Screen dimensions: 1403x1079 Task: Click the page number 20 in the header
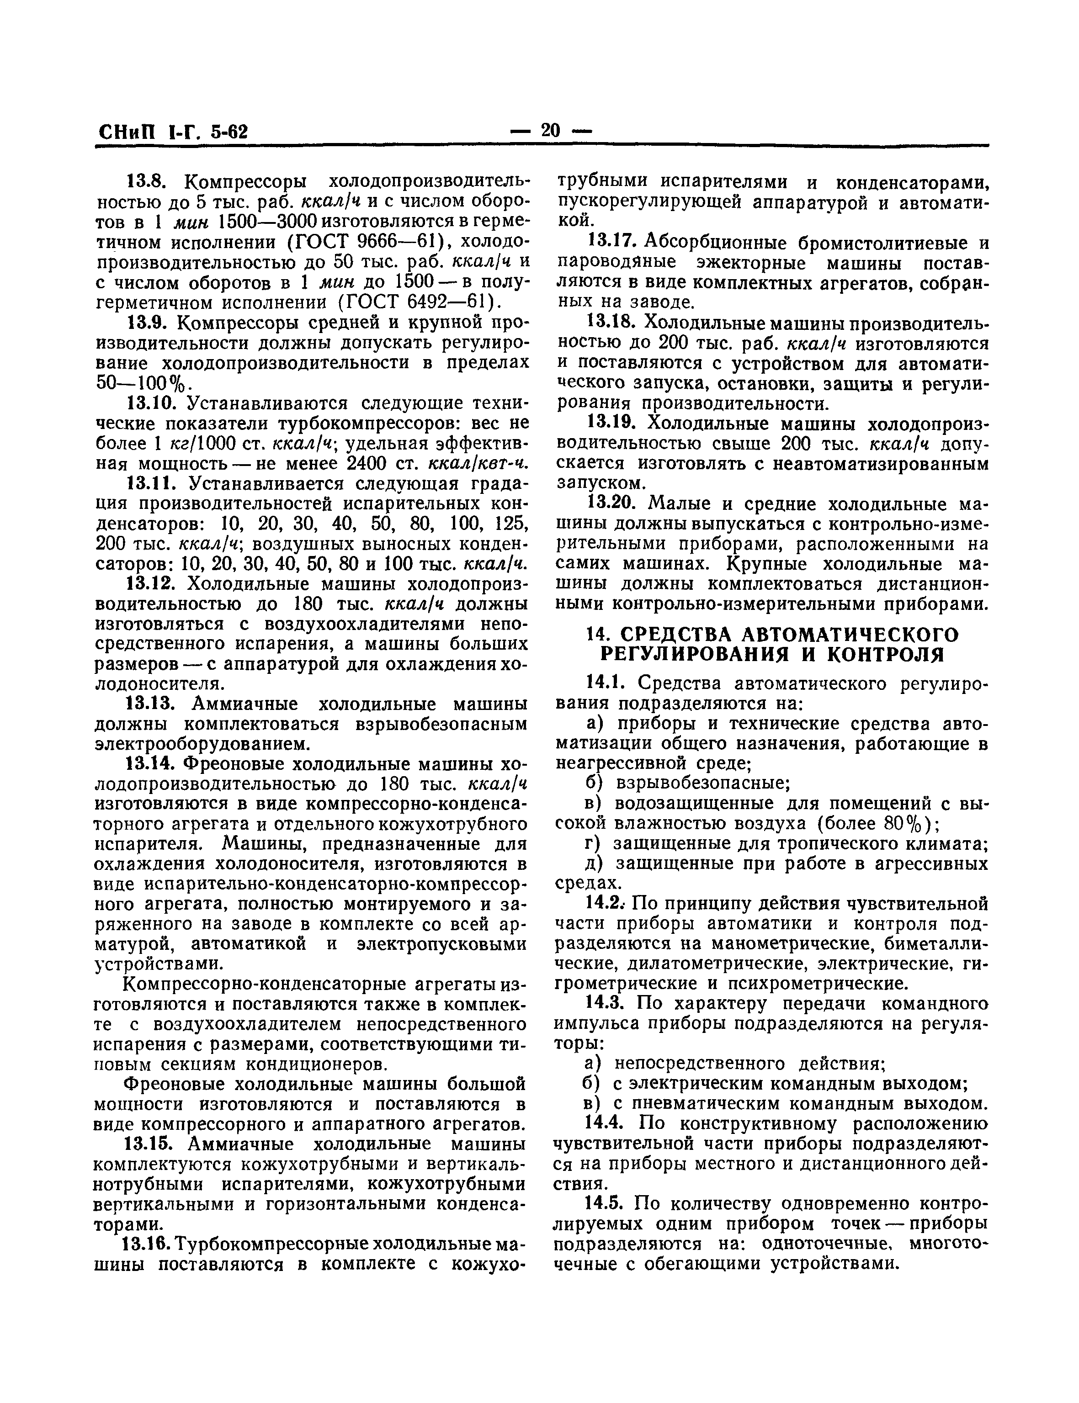pos(550,131)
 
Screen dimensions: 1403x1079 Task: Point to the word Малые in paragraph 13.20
pos(679,503)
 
